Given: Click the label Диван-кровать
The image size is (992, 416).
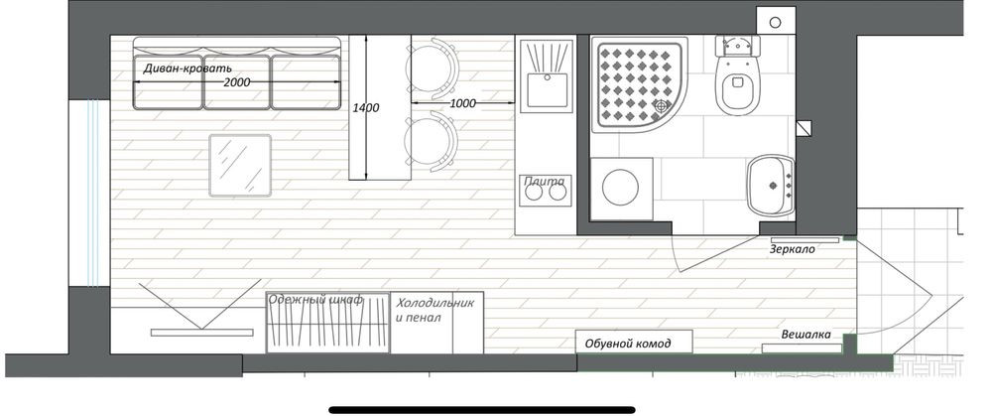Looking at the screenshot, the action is click(187, 69).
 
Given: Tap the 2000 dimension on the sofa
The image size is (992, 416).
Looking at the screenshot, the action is click(237, 82).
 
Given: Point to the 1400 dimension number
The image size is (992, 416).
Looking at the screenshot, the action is click(366, 108).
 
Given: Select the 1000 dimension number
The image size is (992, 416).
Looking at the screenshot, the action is click(462, 103).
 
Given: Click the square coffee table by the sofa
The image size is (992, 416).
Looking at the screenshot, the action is click(240, 165).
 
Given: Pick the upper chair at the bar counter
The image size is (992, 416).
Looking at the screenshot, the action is click(433, 68).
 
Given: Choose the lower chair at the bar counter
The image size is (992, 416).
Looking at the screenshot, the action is click(433, 142).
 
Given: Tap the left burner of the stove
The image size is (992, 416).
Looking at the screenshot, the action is click(534, 192).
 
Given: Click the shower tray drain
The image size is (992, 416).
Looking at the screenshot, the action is click(662, 107).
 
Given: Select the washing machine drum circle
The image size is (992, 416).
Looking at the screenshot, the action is click(620, 189).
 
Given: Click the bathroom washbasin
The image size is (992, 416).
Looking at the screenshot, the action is click(770, 186).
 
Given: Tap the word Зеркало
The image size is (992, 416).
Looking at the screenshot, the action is click(792, 249).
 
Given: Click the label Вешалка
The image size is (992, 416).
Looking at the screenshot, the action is click(806, 335).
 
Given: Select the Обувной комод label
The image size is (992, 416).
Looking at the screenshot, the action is click(628, 344).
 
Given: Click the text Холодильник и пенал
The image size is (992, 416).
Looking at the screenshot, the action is click(435, 310).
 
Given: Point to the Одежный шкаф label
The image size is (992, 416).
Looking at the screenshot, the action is click(315, 300).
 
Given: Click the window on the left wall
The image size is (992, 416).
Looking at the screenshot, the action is click(90, 194).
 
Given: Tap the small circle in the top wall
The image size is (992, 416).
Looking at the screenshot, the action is click(776, 22).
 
